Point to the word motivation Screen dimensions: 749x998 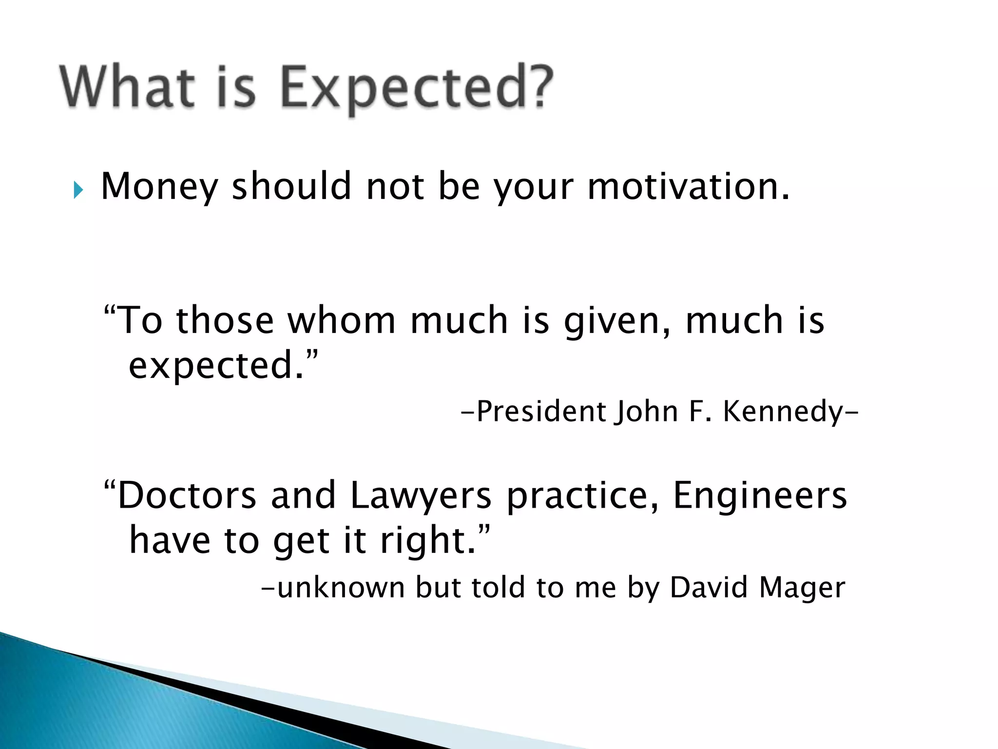click(687, 186)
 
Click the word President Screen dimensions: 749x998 click(541, 412)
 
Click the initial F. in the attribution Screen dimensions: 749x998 click(699, 411)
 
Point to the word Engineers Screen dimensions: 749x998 click(760, 495)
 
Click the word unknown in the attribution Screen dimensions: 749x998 click(341, 587)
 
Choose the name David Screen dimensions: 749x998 click(709, 587)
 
